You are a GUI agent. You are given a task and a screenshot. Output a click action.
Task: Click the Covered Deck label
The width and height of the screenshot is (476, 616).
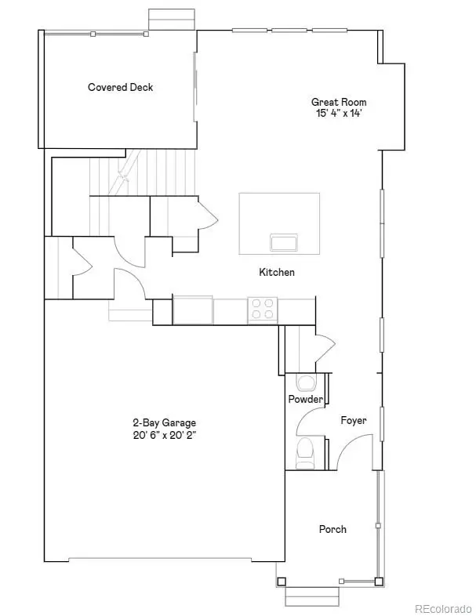(120, 87)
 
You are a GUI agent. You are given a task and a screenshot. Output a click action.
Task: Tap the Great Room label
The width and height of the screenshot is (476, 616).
(339, 102)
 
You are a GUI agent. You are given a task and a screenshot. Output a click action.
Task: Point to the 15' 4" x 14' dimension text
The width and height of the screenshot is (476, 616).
(339, 113)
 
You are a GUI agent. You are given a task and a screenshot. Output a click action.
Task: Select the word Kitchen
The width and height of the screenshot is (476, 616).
(277, 272)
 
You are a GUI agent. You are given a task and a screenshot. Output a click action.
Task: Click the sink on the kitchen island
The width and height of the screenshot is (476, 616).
(284, 242)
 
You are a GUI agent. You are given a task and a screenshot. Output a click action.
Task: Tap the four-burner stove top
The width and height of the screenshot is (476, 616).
(261, 310)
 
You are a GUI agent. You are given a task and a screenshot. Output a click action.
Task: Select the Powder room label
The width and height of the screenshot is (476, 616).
(305, 399)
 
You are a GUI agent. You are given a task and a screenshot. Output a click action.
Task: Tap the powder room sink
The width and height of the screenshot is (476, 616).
(305, 382)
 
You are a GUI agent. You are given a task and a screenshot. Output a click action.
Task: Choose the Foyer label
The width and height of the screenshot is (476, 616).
(353, 421)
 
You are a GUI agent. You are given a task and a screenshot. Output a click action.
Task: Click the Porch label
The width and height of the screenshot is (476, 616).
(332, 529)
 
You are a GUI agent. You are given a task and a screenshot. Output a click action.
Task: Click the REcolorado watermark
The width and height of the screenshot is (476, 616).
(443, 607)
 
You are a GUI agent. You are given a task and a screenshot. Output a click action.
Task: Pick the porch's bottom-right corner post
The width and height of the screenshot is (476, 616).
(379, 582)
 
